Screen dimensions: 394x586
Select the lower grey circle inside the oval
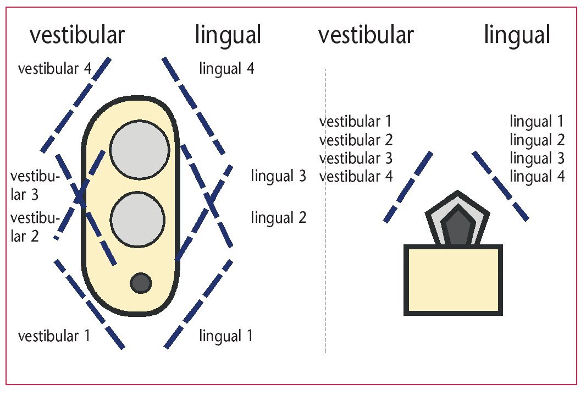click(x=137, y=219)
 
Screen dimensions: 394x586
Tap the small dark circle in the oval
click(x=141, y=282)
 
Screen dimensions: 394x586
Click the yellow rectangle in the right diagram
click(x=454, y=280)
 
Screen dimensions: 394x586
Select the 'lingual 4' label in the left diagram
click(x=226, y=69)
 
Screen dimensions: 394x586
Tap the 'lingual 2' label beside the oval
click(x=278, y=217)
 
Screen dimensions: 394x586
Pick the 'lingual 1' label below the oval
click(x=226, y=336)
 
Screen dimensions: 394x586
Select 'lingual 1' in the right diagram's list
click(x=537, y=122)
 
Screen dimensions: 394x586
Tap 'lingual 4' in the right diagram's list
click(x=537, y=177)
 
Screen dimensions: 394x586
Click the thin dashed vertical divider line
click(x=325, y=275)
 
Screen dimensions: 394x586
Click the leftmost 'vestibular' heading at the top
click(x=77, y=36)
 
